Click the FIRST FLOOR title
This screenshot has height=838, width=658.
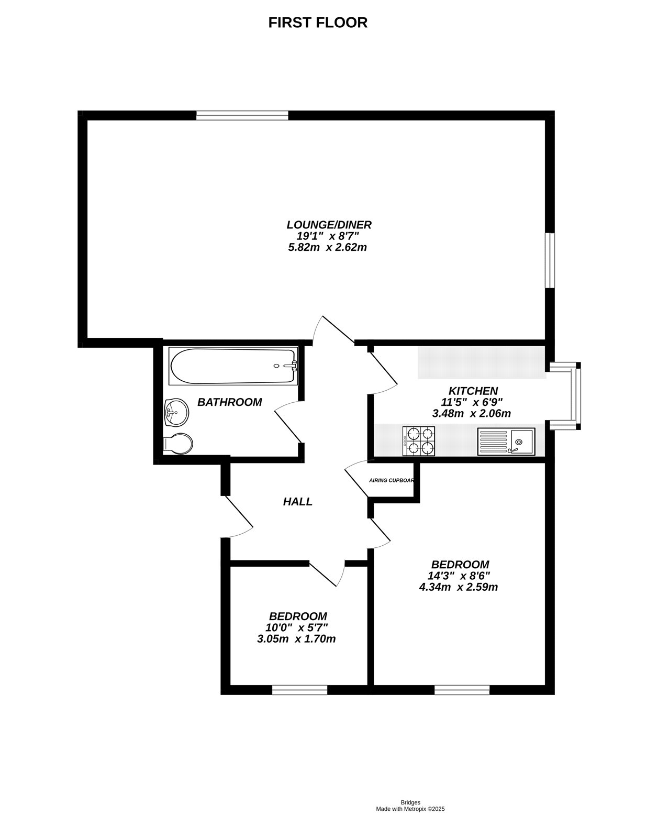[318, 23]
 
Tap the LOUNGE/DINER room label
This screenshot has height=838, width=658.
[329, 225]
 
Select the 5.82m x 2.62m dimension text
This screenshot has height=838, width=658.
[327, 247]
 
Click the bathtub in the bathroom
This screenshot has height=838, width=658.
[233, 366]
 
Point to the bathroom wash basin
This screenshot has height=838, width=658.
[176, 413]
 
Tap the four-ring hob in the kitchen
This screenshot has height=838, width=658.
[419, 440]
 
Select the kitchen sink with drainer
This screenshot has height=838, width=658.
[506, 441]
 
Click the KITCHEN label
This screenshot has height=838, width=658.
[473, 391]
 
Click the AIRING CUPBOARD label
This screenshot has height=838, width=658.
[391, 480]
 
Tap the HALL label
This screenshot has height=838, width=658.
[297, 502]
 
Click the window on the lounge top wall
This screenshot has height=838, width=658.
[242, 115]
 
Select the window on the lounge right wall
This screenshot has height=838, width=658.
[549, 260]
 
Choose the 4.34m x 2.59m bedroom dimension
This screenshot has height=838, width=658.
[458, 587]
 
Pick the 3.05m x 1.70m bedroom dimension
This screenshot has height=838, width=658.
[296, 639]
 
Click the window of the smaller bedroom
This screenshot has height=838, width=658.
[299, 690]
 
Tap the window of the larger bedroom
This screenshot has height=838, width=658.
[462, 690]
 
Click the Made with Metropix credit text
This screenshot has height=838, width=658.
[410, 809]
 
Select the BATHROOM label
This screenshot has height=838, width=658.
[229, 402]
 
